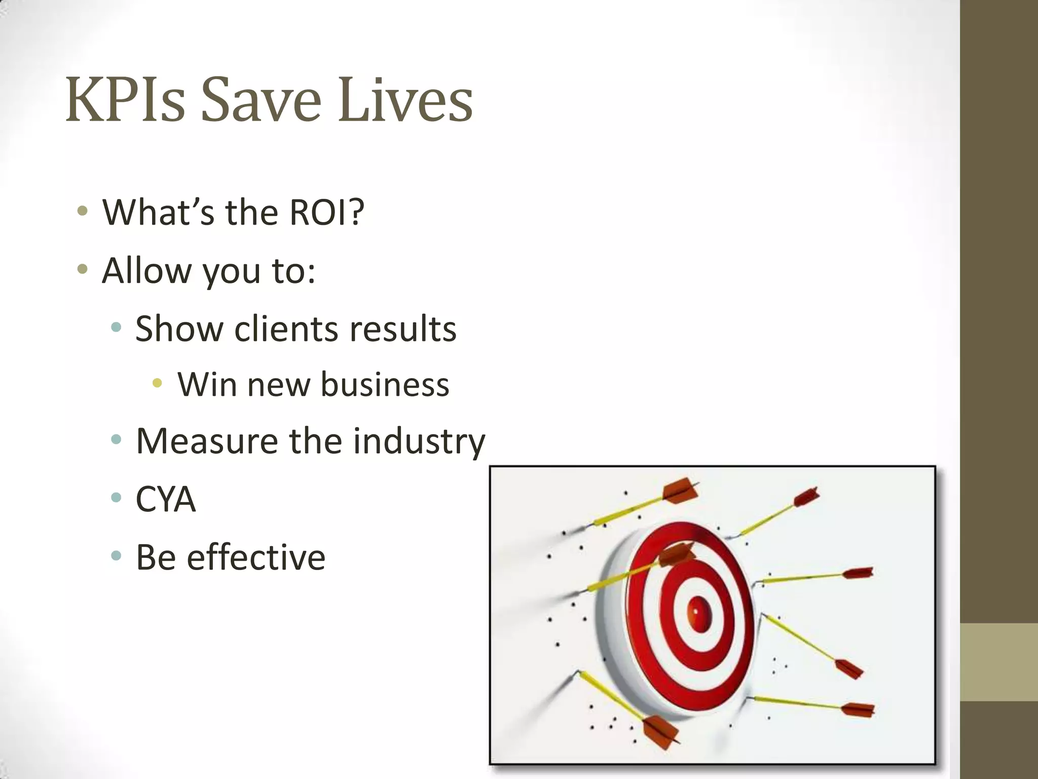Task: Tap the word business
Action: point(385,384)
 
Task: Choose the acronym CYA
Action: point(166,499)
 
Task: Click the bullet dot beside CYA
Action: point(116,498)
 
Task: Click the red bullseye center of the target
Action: point(699,614)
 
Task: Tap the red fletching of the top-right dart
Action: point(806,497)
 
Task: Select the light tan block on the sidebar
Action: point(998,662)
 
